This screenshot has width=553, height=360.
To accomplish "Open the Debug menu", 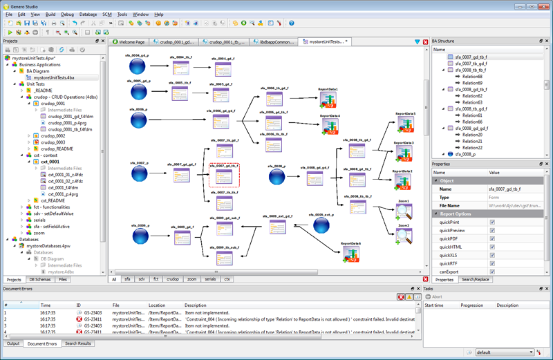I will click(67, 14).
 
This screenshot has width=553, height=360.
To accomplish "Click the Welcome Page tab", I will click(131, 42).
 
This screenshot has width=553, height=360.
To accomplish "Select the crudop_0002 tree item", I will click(53, 135).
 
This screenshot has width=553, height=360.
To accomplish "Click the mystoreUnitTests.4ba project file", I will click(54, 78).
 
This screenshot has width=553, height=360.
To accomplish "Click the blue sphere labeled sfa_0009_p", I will click(140, 236).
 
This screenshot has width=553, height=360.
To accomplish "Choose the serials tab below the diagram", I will click(210, 279).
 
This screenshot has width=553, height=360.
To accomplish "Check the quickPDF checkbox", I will click(492, 238).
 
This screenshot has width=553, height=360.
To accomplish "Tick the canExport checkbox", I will click(492, 272).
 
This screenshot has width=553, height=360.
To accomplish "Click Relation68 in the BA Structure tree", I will click(472, 77).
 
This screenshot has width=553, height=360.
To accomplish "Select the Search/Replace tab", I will click(476, 279).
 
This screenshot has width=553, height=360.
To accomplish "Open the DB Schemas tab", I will click(40, 279).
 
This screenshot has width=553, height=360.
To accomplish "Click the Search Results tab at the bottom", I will click(78, 343).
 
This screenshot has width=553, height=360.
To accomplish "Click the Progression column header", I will click(472, 305).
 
